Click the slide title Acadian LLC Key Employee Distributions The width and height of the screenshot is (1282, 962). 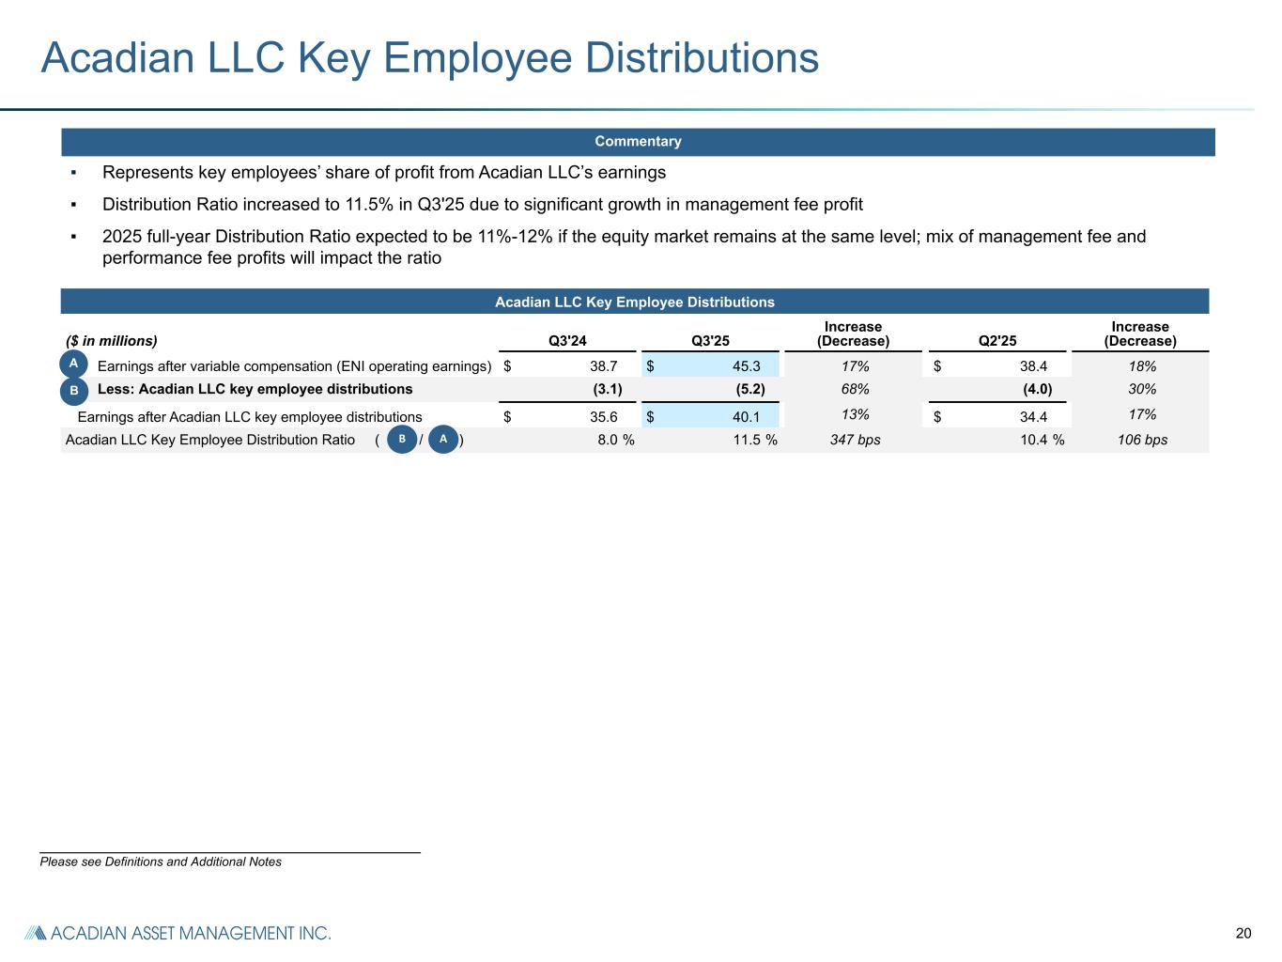429,58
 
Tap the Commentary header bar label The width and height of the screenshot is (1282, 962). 638,142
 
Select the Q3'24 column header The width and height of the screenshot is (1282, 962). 567,341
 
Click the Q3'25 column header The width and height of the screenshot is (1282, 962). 710,341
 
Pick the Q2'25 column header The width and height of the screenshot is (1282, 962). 997,341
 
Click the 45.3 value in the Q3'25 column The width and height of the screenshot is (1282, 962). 746,366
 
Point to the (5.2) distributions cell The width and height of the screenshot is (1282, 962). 750,389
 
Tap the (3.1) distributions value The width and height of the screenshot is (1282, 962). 607,389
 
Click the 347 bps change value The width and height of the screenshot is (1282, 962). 855,440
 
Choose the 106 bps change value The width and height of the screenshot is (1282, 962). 1142,440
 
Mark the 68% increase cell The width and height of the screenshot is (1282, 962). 855,389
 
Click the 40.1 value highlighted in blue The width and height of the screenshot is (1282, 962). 746,417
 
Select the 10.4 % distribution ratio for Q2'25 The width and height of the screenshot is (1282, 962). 1042,440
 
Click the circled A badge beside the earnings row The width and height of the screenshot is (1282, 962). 74,364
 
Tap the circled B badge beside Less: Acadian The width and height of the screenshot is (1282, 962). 74,390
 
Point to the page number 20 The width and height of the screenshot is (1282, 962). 1243,933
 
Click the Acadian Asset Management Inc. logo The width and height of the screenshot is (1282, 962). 178,933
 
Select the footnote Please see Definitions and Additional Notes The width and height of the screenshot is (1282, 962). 161,861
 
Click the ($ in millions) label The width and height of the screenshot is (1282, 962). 112,341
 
